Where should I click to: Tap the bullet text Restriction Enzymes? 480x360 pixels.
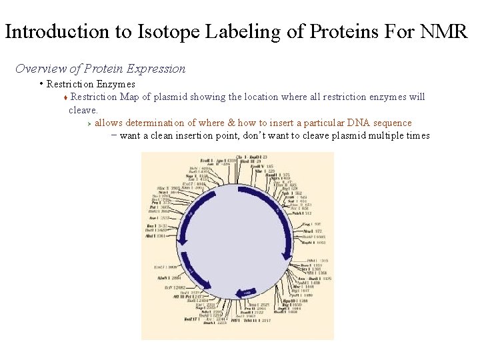point(91,84)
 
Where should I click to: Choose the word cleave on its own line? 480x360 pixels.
point(83,109)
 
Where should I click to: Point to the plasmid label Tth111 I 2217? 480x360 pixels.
point(257,321)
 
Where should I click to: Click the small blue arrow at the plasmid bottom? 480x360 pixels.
point(246,293)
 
